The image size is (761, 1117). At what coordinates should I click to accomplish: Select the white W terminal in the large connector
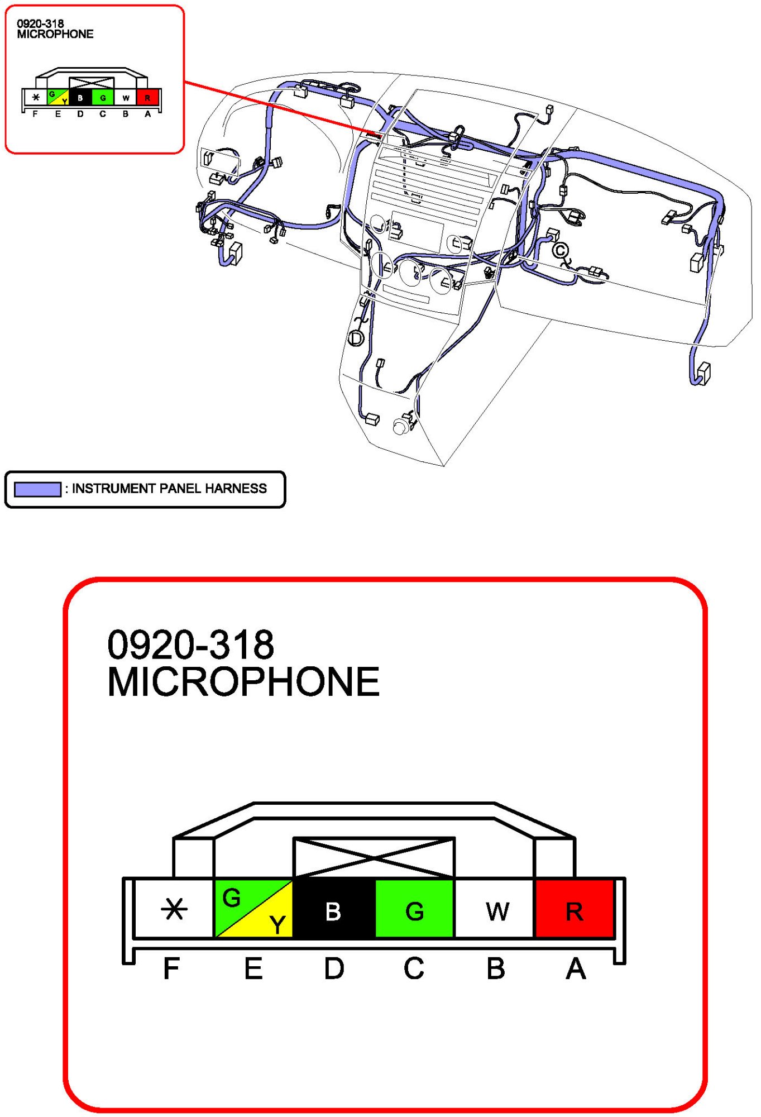click(x=495, y=909)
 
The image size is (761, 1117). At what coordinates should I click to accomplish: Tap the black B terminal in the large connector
click(x=334, y=909)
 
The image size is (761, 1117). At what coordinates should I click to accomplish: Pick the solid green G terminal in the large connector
click(x=415, y=909)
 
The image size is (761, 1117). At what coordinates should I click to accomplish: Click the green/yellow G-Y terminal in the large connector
click(x=254, y=909)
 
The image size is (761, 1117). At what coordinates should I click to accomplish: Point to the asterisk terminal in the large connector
click(x=174, y=909)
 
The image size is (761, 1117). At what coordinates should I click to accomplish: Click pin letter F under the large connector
click(x=171, y=968)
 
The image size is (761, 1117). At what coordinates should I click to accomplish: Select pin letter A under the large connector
click(x=576, y=968)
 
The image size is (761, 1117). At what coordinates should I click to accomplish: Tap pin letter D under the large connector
click(x=334, y=968)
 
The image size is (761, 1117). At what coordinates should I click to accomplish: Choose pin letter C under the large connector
click(x=414, y=968)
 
